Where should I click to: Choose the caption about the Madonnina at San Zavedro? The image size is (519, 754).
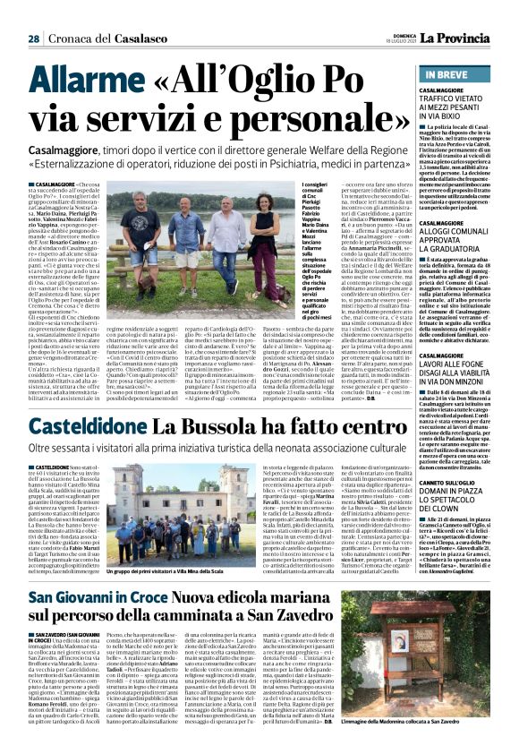tap(445, 746)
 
